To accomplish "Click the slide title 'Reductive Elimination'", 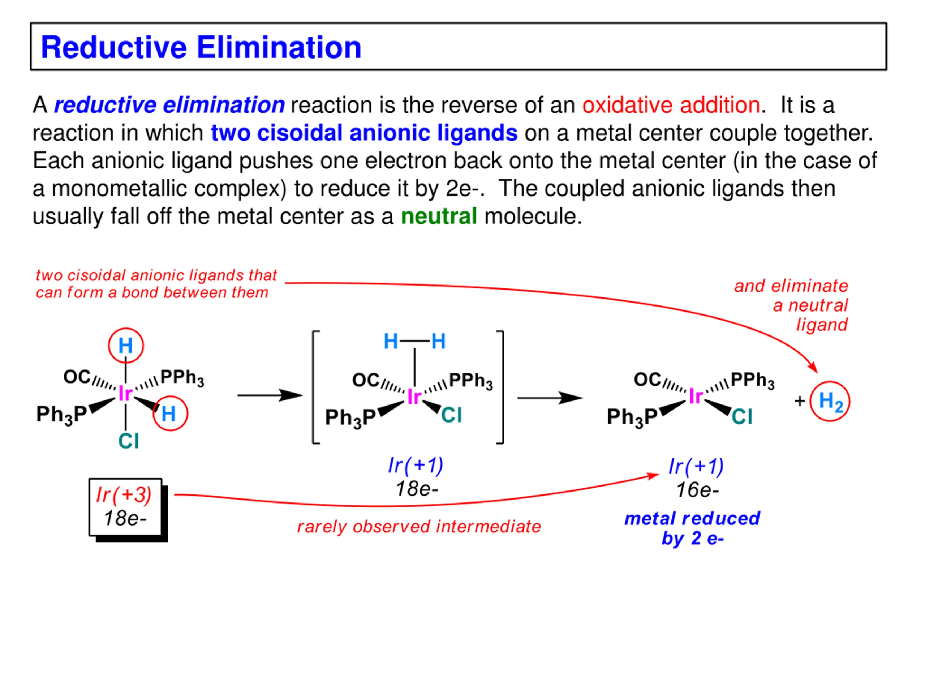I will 201,47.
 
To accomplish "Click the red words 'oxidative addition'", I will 671,105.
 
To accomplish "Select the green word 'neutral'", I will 439,216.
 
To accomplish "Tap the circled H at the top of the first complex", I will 125,346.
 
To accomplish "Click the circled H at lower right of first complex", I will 169,413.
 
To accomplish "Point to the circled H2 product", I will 830,401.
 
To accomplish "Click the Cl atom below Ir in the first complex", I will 128,441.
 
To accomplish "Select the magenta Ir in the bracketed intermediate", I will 414,396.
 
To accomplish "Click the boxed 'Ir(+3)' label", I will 124,495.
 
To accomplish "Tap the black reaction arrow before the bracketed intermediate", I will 270,395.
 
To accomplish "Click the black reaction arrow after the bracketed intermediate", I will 550,398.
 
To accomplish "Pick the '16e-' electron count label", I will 697,490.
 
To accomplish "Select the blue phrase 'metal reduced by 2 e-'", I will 692,528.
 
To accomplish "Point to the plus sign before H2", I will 800,401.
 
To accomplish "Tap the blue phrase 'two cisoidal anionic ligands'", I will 364,133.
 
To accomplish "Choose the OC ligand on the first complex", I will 77,377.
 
